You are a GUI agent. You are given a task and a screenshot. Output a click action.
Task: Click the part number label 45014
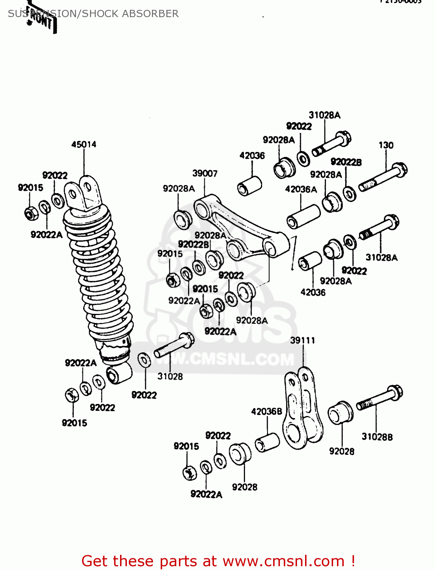(x=84, y=144)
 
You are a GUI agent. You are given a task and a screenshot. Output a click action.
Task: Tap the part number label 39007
(x=205, y=174)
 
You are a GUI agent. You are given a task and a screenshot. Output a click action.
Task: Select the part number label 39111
(x=302, y=340)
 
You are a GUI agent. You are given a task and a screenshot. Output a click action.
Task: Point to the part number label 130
(x=386, y=145)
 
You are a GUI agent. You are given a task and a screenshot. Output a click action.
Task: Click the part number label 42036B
(x=266, y=412)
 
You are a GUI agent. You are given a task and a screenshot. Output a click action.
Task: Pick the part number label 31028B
(x=377, y=437)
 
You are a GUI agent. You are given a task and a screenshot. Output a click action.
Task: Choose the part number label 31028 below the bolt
(x=170, y=377)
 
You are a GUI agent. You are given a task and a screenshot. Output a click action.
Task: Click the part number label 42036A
(x=301, y=189)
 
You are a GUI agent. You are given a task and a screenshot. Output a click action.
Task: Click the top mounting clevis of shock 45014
(x=83, y=194)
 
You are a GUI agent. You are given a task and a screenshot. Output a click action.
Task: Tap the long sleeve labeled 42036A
(x=304, y=217)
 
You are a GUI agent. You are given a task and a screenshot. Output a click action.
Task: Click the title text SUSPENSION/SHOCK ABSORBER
(x=93, y=14)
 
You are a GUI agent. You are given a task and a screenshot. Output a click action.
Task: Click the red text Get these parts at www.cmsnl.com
(x=218, y=561)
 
